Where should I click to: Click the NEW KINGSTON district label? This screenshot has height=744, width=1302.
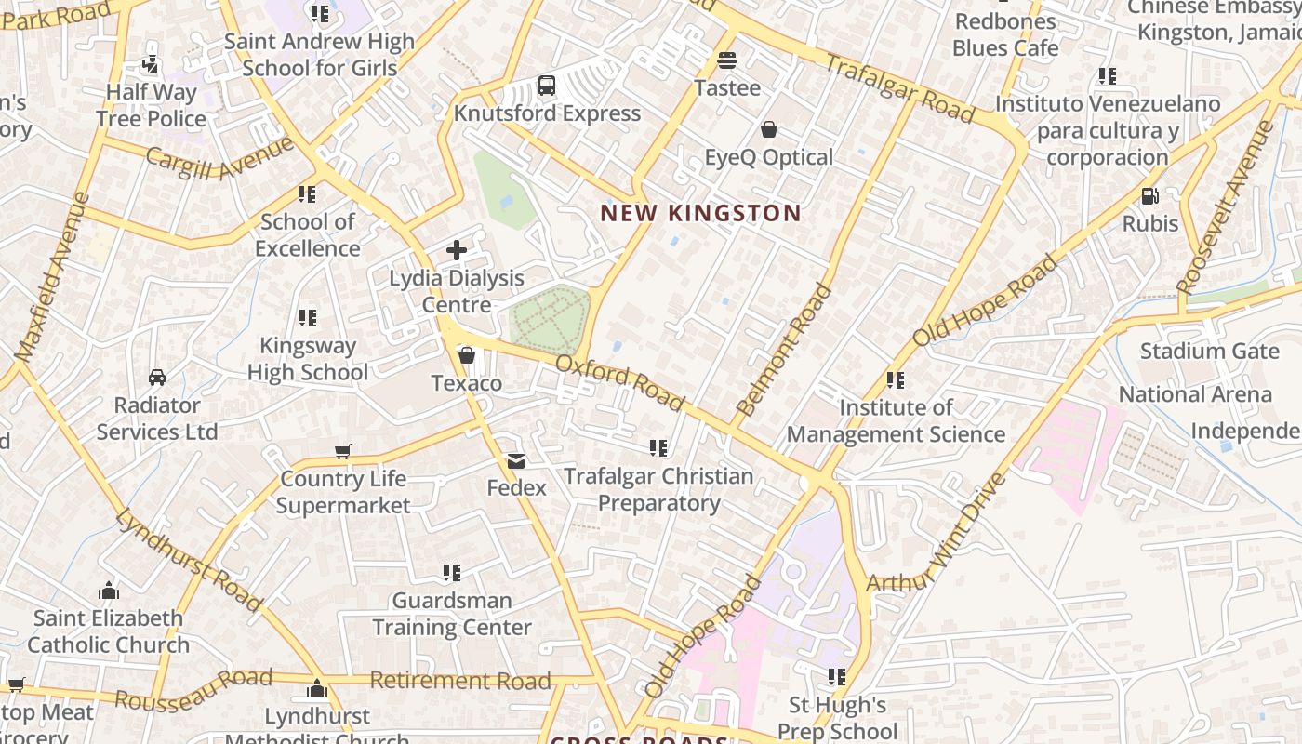pyautogui.click(x=700, y=213)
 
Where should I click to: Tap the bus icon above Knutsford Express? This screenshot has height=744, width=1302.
pyautogui.click(x=547, y=86)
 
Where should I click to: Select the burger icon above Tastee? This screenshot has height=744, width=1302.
pyautogui.click(x=727, y=61)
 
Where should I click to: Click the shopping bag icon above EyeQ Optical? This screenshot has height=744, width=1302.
pyautogui.click(x=769, y=129)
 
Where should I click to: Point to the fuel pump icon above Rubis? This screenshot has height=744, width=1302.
pyautogui.click(x=1150, y=196)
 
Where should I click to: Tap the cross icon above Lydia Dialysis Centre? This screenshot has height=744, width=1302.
pyautogui.click(x=457, y=249)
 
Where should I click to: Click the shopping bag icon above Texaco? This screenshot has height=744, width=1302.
pyautogui.click(x=467, y=355)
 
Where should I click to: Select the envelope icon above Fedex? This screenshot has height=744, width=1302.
pyautogui.click(x=516, y=460)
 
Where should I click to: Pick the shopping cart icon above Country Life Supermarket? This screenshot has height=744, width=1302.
pyautogui.click(x=343, y=452)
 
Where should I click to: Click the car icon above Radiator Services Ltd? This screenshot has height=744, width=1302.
pyautogui.click(x=157, y=378)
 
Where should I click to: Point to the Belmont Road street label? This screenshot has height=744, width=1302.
pyautogui.click(x=784, y=351)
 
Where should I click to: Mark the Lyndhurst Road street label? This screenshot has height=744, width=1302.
pyautogui.click(x=190, y=560)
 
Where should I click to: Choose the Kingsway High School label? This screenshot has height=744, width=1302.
pyautogui.click(x=308, y=359)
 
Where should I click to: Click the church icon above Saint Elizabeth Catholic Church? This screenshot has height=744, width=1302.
pyautogui.click(x=109, y=591)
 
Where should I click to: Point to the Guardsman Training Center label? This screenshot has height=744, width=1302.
pyautogui.click(x=452, y=614)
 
